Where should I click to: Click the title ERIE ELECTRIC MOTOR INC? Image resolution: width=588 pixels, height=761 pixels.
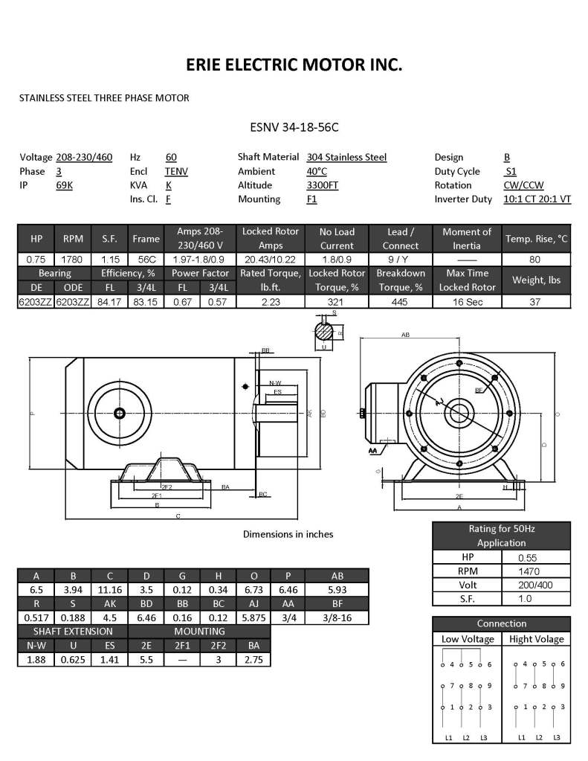click(294, 65)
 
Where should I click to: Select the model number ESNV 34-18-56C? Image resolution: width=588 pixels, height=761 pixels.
click(294, 126)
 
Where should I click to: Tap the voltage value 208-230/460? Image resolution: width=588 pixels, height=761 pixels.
click(84, 157)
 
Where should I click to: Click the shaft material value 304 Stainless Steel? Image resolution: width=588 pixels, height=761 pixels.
click(346, 157)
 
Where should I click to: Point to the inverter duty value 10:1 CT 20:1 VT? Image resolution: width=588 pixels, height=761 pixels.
click(537, 199)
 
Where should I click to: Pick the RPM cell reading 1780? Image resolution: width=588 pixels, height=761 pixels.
click(74, 260)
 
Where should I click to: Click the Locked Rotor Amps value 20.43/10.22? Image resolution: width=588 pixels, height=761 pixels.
click(271, 260)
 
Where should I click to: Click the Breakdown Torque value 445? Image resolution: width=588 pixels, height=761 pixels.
click(399, 302)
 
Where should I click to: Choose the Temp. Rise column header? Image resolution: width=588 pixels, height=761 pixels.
click(536, 239)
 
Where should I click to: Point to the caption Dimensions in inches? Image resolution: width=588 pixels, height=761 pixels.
click(288, 534)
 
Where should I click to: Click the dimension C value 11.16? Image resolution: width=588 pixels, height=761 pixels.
click(109, 589)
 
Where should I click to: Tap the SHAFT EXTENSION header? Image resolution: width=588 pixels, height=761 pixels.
click(72, 632)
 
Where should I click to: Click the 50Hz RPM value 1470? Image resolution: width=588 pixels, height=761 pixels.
click(535, 571)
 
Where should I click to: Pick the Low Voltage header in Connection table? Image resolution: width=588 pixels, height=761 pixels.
click(468, 639)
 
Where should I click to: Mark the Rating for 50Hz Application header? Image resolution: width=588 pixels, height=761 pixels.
click(501, 536)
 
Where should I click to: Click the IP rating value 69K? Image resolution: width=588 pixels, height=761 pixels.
click(65, 185)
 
